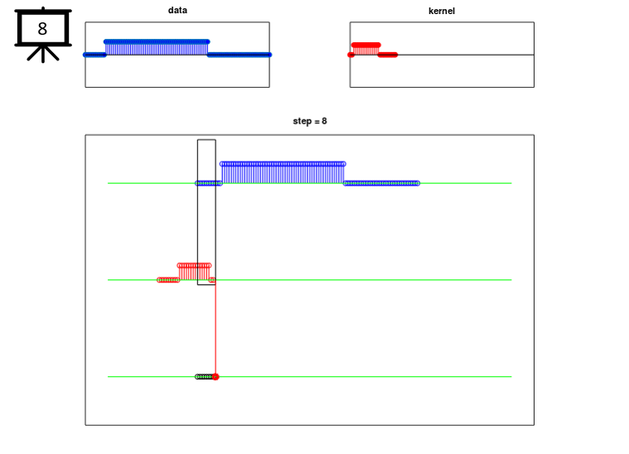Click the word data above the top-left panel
[x=177, y=11]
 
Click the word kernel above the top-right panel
[x=442, y=11]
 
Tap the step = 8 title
[x=310, y=121]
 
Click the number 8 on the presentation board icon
[x=42, y=29]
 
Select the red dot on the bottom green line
[x=215, y=377]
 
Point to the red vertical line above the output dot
[x=215, y=331]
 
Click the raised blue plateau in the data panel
[x=157, y=41]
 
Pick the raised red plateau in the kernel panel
[x=365, y=45]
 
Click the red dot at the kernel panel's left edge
[x=351, y=55]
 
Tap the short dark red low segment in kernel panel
[x=387, y=55]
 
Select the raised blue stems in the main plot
[x=282, y=172]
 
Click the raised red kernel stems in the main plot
[x=194, y=272]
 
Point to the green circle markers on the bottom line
[x=203, y=377]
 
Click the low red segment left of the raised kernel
[x=167, y=280]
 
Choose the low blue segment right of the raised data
[x=381, y=183]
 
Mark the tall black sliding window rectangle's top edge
[x=206, y=140]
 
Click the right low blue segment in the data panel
[x=239, y=55]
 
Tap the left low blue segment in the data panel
[x=94, y=55]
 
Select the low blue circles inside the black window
[x=208, y=183]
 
